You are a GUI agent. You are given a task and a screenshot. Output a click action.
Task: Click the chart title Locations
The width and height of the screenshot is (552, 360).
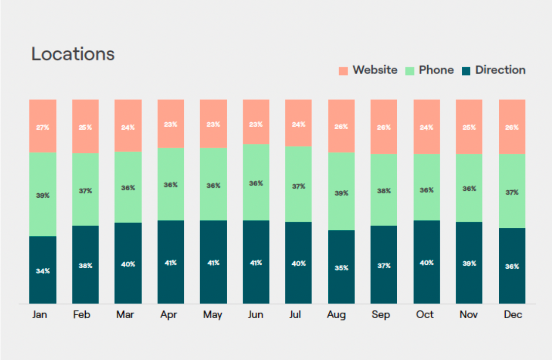tap(73, 54)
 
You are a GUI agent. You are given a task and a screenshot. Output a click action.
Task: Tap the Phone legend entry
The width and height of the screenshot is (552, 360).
tap(429, 70)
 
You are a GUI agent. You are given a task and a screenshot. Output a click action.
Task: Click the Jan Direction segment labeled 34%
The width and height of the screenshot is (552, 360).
tap(43, 270)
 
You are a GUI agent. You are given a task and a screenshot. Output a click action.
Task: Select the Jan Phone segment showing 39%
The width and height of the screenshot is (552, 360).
tap(43, 195)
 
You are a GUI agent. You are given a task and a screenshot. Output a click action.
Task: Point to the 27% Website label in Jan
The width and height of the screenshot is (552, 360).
tap(43, 127)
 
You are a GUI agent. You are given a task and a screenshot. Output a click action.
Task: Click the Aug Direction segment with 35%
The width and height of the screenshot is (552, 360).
tap(341, 267)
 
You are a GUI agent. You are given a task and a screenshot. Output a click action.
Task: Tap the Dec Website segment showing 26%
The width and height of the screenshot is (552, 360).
tap(512, 127)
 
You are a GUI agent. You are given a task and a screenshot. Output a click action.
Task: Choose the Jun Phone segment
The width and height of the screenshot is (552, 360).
tap(256, 182)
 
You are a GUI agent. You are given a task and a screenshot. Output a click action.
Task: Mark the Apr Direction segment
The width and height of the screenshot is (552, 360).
tap(171, 262)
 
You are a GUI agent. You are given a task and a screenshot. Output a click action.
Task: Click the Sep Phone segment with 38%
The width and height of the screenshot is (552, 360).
tap(383, 190)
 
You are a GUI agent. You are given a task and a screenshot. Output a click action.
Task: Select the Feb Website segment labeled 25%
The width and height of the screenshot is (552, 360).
tap(85, 127)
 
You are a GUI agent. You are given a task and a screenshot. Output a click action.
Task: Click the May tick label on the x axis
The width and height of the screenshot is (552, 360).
tap(213, 315)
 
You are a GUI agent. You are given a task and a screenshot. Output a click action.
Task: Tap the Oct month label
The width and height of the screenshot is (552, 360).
tap(425, 315)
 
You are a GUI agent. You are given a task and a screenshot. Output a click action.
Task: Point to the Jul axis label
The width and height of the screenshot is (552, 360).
tap(298, 315)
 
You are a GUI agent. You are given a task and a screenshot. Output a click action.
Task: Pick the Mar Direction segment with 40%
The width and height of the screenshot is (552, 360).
tap(128, 263)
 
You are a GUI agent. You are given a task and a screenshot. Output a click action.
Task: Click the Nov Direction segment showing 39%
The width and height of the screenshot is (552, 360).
tap(469, 263)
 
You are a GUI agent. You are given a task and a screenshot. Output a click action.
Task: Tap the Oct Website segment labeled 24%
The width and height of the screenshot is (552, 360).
tap(426, 127)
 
